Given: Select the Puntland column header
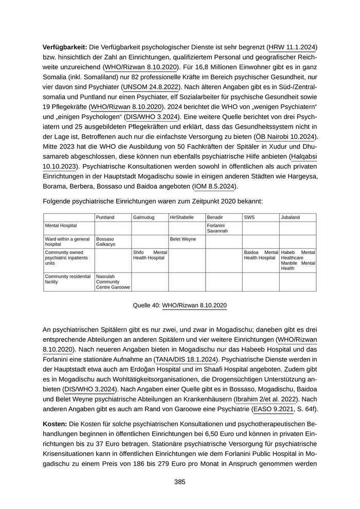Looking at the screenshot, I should (x=105, y=217).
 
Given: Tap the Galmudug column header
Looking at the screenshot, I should (x=143, y=217).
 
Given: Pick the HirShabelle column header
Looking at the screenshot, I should (x=182, y=217).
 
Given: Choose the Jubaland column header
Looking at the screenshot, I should (x=291, y=217).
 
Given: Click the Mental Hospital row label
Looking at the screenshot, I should (x=61, y=225).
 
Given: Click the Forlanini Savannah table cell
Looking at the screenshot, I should (x=216, y=228).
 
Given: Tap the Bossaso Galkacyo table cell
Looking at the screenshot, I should (x=105, y=242).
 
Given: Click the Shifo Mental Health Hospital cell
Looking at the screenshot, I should (x=150, y=255).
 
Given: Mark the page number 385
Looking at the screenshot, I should (x=179, y=482).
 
